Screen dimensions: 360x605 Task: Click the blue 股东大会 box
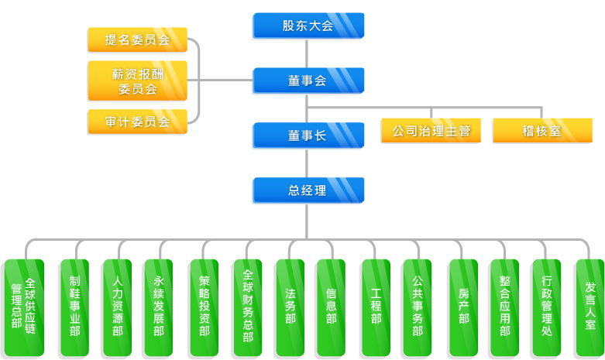308,26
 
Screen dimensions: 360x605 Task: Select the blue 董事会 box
308,81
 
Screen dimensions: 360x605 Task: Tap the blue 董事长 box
308,135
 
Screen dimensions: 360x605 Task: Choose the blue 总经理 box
308,190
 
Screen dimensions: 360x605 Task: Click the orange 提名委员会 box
137,40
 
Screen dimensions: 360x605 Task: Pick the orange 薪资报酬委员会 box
137,81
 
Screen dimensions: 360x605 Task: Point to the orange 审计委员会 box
137,122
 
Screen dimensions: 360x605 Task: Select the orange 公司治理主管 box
431,131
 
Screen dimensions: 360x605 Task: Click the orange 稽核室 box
541,131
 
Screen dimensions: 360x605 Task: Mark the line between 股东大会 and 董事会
308,53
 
